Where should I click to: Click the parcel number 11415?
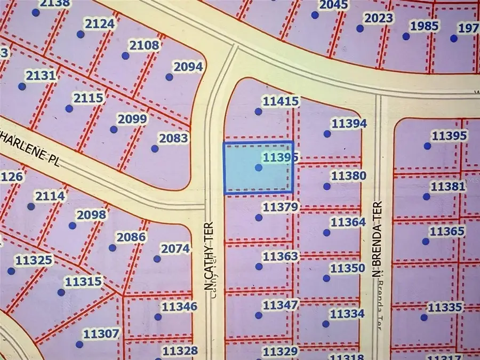click(x=281, y=101)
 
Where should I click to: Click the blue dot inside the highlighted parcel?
click(x=259, y=167)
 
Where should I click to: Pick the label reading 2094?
click(x=188, y=67)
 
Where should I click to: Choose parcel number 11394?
click(x=349, y=124)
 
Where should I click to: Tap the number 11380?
click(x=349, y=175)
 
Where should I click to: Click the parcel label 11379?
click(x=281, y=206)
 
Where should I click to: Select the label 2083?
click(x=174, y=139)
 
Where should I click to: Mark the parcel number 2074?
click(x=175, y=249)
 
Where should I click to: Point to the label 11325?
click(x=34, y=261)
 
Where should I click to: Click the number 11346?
click(x=180, y=307)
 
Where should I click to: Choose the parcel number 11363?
click(x=281, y=257)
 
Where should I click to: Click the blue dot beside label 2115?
click(x=69, y=109)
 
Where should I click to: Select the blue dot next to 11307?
click(x=79, y=345)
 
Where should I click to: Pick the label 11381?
click(x=447, y=187)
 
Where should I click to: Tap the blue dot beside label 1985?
click(x=406, y=36)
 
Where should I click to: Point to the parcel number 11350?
click(x=348, y=268)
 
